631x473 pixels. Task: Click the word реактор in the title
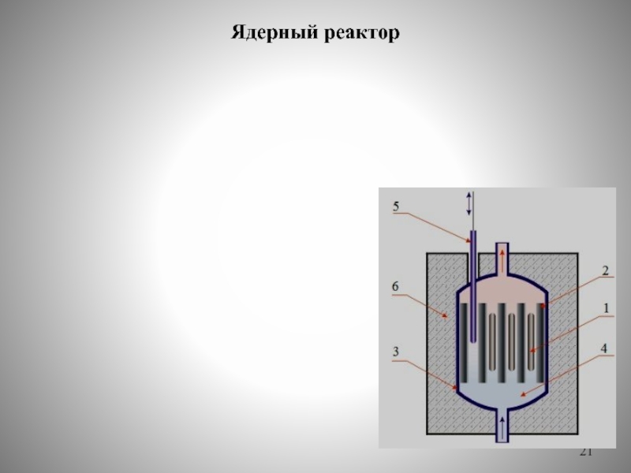361,34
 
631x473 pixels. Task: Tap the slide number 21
585,452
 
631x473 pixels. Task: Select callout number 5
396,207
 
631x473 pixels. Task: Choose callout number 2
605,271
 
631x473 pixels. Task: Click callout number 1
605,310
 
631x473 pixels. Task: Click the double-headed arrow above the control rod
469,204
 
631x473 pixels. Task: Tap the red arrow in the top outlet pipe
502,261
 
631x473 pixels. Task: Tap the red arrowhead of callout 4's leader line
523,393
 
